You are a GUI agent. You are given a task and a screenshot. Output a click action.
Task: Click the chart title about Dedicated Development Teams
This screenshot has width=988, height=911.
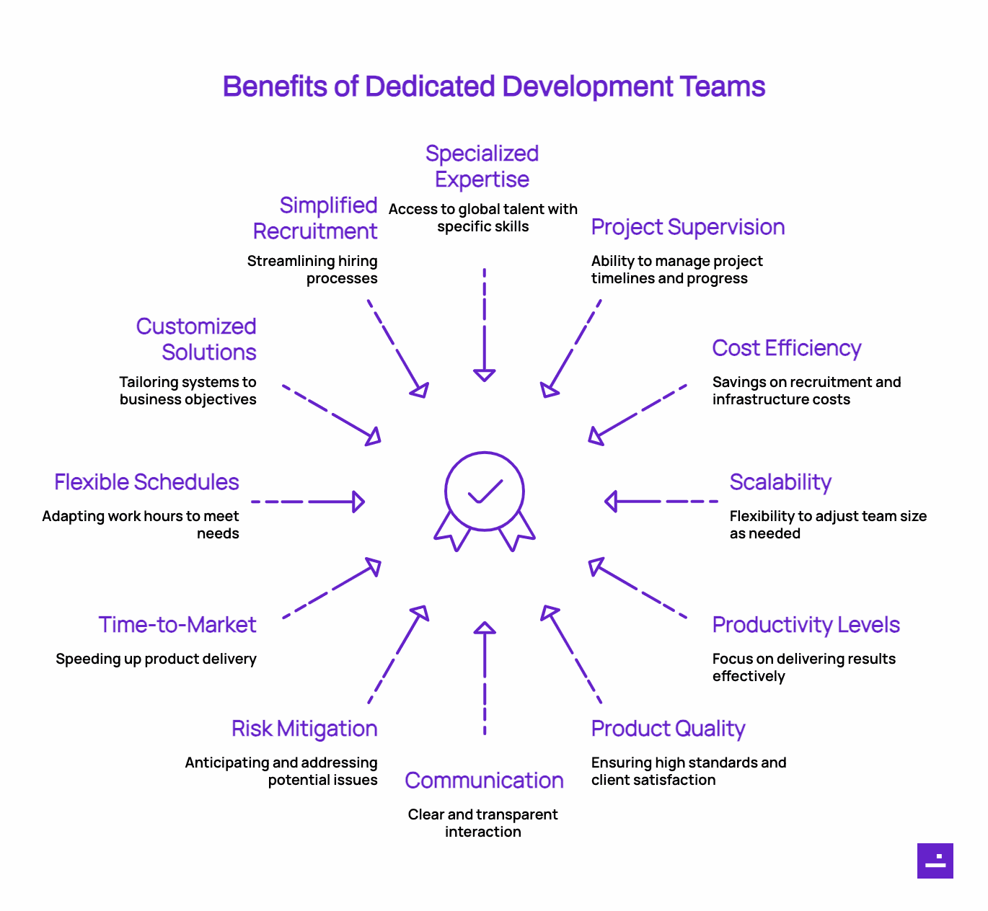tap(493, 86)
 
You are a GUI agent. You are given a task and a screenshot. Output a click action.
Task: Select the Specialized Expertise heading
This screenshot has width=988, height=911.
tap(482, 166)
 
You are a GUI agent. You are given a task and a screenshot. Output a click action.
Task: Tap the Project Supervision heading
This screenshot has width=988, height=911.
tap(687, 227)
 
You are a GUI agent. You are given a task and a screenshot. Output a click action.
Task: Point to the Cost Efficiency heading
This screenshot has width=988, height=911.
tap(786, 348)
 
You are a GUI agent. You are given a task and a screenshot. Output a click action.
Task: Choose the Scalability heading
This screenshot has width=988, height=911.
tap(780, 482)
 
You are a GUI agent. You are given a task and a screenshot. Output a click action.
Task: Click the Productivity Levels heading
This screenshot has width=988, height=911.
tap(806, 625)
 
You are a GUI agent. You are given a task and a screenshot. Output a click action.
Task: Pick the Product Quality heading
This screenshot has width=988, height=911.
tap(668, 729)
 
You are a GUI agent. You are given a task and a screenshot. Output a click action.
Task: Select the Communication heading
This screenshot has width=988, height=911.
tap(484, 781)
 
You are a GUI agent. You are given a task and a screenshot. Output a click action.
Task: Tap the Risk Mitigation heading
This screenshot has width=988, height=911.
tap(304, 729)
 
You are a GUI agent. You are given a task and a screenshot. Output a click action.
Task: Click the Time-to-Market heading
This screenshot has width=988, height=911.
tap(177, 625)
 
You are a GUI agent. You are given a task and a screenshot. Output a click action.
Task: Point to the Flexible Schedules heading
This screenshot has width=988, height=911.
tap(146, 482)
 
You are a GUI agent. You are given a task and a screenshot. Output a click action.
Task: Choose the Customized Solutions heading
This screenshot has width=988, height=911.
tap(197, 339)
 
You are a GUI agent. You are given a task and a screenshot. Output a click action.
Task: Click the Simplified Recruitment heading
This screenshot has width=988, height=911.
tap(316, 218)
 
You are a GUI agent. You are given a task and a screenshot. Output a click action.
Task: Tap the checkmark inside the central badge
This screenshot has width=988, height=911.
tap(485, 492)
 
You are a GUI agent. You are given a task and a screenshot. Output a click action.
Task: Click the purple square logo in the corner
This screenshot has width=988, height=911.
tap(935, 861)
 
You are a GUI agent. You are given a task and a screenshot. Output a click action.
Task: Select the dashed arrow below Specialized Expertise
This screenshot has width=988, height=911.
tap(485, 324)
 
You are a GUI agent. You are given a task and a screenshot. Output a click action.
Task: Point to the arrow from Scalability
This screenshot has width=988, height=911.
tap(661, 501)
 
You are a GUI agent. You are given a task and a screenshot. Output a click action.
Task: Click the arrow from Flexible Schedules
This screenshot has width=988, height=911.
tap(308, 501)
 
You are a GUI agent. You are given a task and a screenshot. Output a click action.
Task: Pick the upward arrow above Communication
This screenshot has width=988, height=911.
tap(485, 677)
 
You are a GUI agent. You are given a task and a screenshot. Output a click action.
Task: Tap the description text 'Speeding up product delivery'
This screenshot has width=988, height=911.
tap(156, 659)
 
